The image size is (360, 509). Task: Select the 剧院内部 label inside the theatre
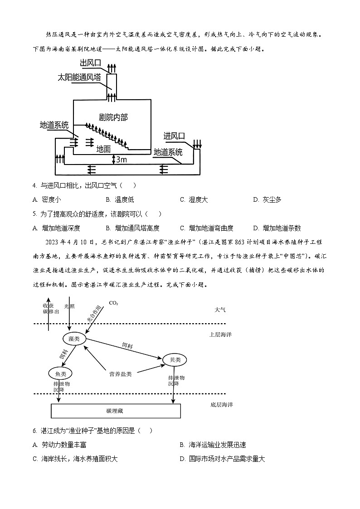[x=113, y=117]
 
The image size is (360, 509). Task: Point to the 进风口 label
[x=175, y=136]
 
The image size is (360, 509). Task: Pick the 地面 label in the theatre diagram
[x=103, y=149]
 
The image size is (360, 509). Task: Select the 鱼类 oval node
[x=60, y=374]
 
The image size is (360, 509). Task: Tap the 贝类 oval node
[x=175, y=360]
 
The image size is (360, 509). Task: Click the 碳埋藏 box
[x=116, y=411]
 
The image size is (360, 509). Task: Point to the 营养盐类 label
[x=120, y=374]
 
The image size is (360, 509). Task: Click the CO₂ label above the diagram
[x=113, y=303]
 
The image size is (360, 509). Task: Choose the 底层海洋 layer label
[x=221, y=405]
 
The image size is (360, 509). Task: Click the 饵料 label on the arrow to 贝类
[x=128, y=345]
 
